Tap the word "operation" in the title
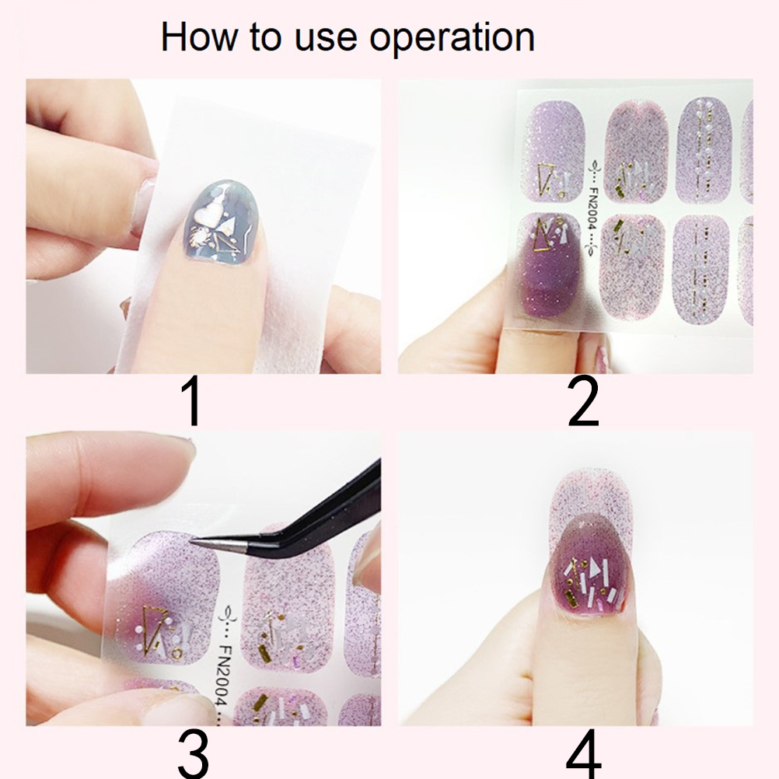[x=452, y=38]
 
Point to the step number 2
[x=583, y=402]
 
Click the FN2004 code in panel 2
[x=593, y=208]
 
